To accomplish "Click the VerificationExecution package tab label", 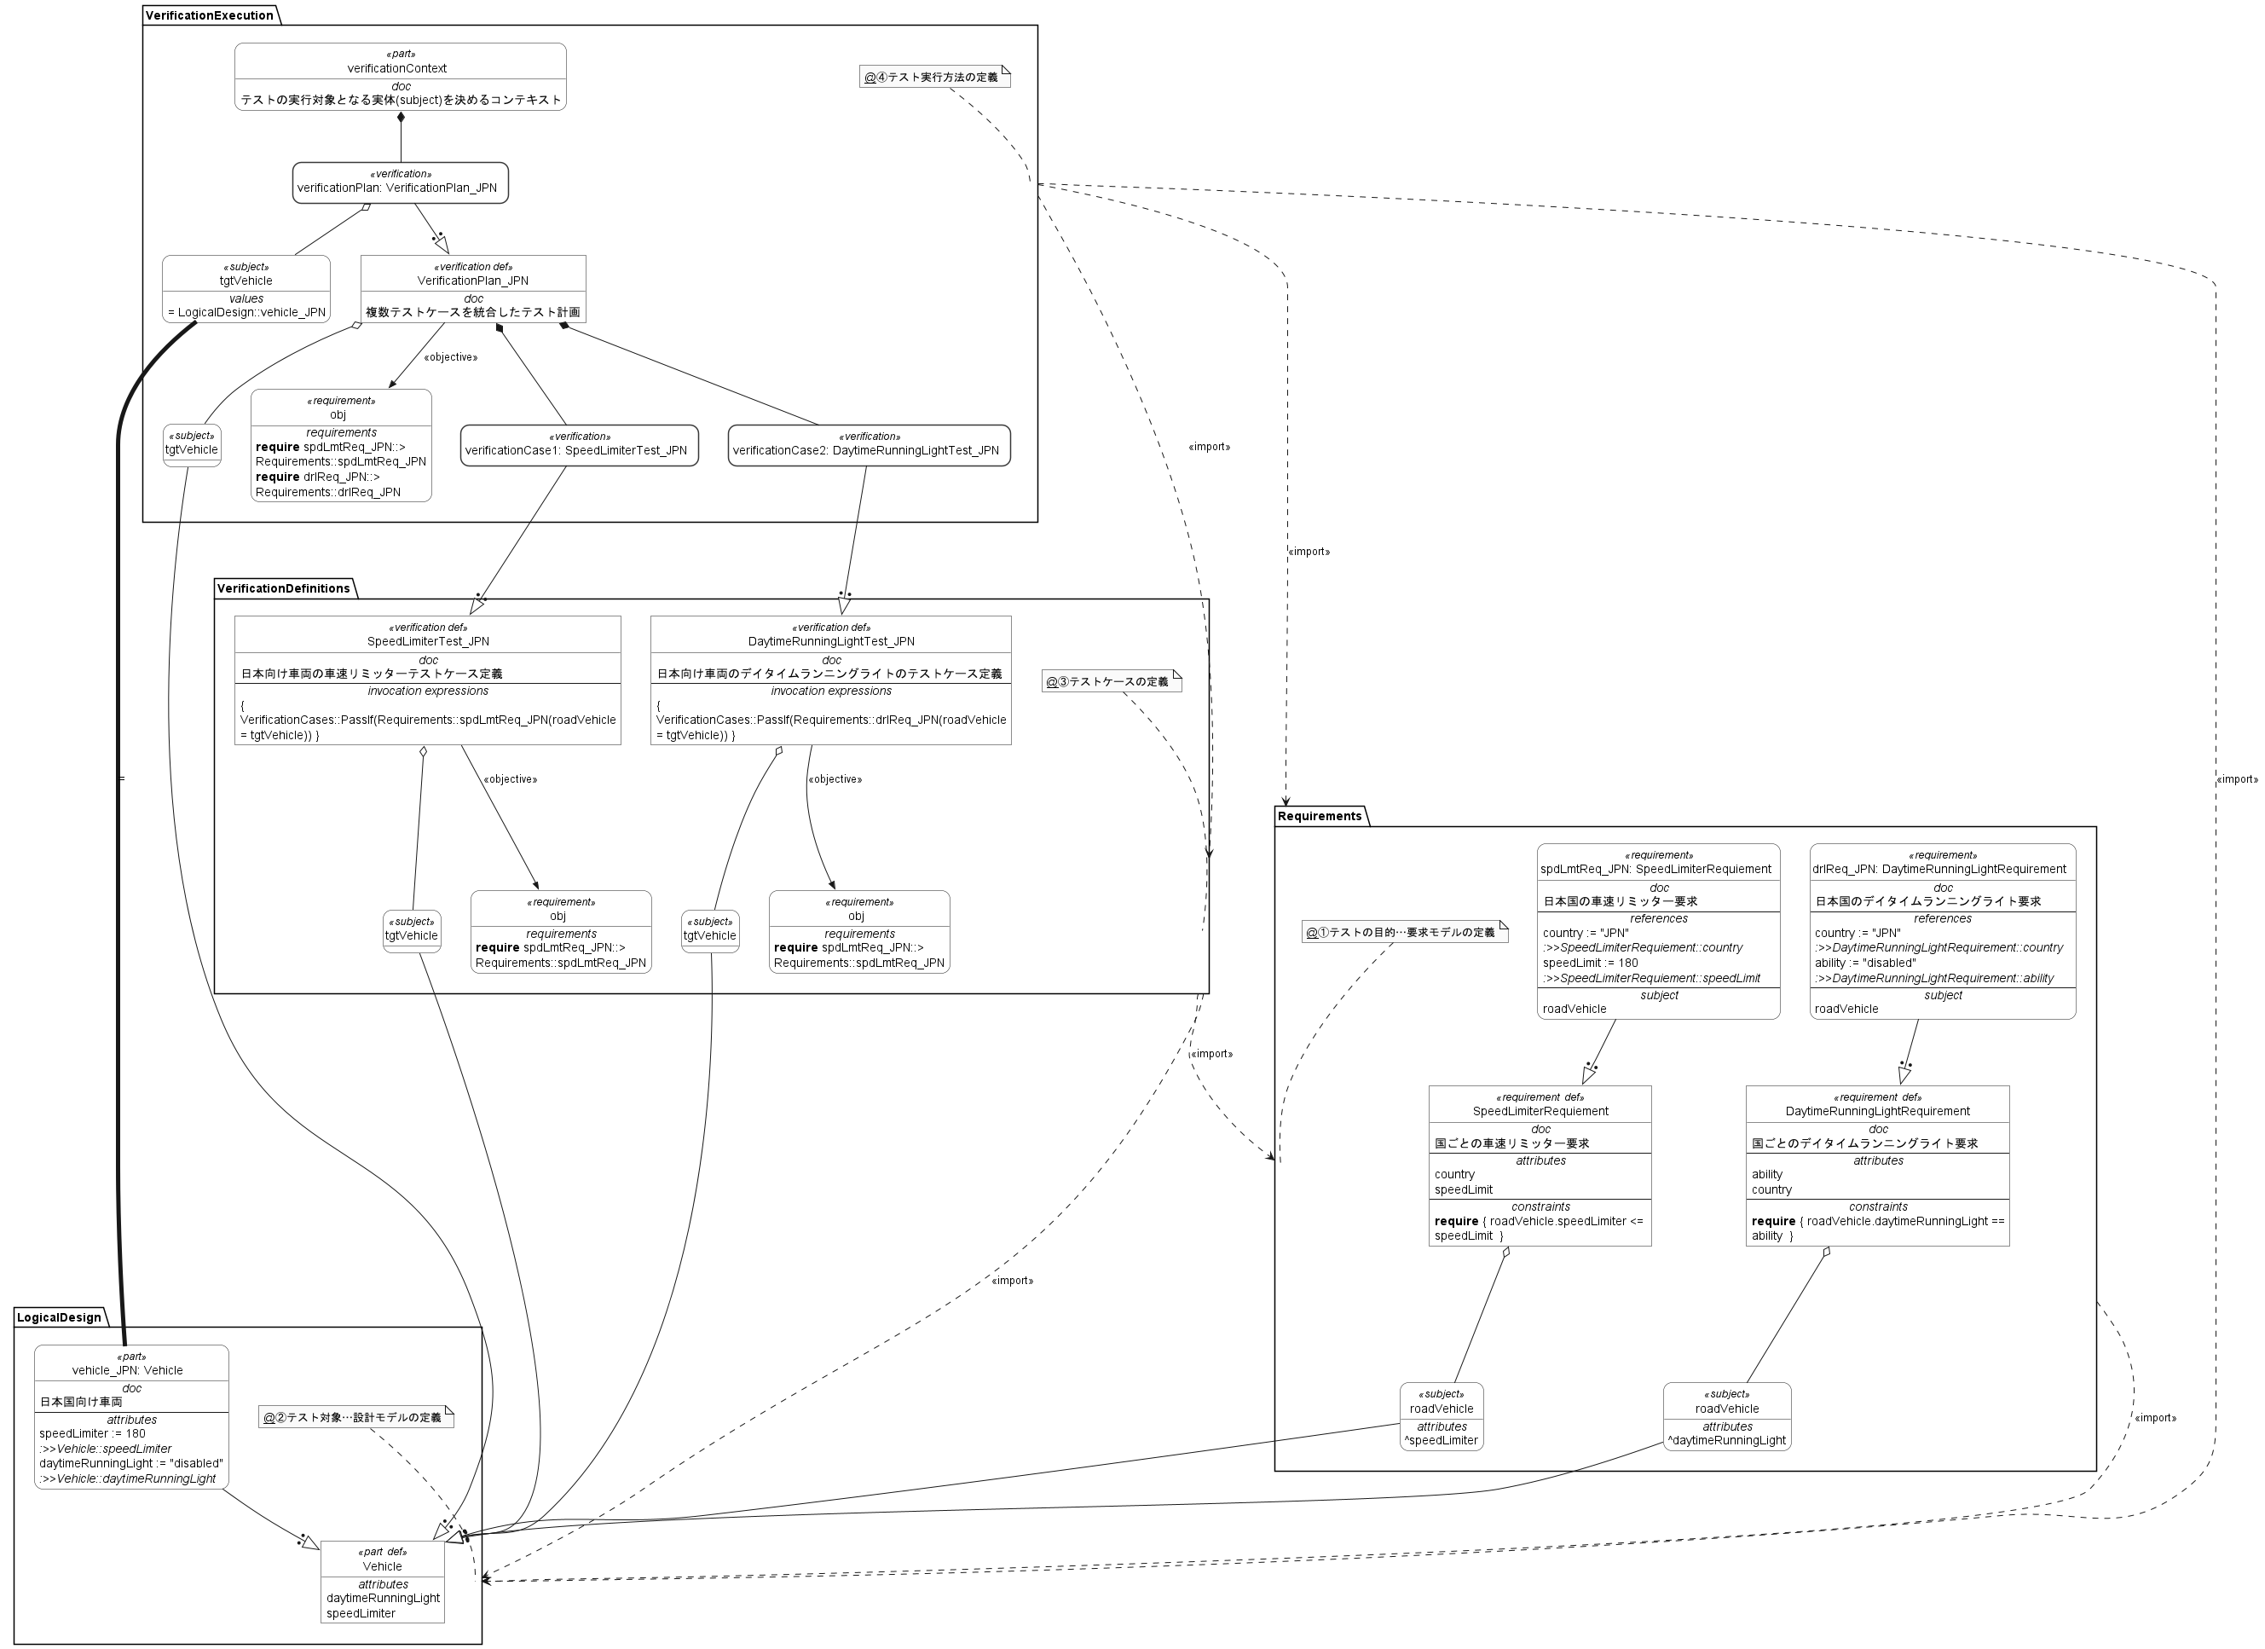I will point(210,15).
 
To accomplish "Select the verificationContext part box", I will point(400,76).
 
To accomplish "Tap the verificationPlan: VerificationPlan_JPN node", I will point(400,182).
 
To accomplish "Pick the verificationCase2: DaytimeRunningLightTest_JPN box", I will point(868,445).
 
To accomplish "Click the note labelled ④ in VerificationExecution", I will point(933,77).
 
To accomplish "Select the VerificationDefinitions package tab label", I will point(284,588).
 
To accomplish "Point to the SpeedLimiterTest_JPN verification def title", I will point(427,641).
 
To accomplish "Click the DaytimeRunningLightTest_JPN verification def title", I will point(831,641).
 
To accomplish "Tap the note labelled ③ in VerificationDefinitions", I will point(1111,681).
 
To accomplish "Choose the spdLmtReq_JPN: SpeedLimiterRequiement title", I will point(1657,869).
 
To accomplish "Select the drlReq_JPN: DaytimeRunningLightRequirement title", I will point(1940,869).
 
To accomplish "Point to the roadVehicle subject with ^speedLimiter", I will point(1440,1416).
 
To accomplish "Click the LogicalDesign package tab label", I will point(59,1317).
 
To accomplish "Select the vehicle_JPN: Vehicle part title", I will point(130,1370).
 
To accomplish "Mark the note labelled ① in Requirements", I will point(1403,932).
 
